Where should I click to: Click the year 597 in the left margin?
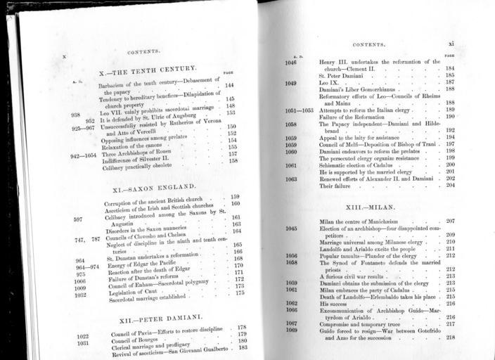point(78,219)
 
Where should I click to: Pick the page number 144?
point(229,86)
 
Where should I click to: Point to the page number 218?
point(450,337)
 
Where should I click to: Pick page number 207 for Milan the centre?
point(450,221)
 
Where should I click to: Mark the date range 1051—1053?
point(299,110)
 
